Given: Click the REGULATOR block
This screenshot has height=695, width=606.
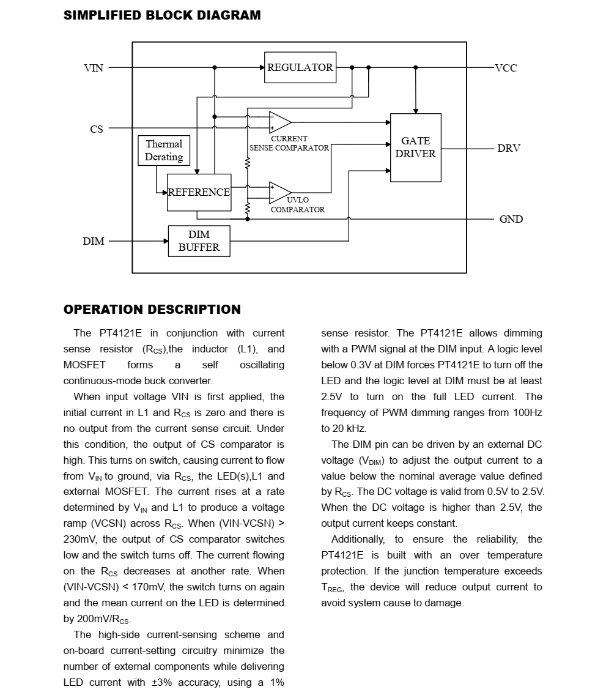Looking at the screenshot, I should point(300,67).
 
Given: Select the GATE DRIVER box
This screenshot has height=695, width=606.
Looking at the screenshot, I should point(415,147).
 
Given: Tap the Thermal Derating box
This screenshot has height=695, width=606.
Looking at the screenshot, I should point(164,151).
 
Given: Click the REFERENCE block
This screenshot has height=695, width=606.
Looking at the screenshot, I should point(199,192).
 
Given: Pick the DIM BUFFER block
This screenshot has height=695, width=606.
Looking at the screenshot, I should point(199,241).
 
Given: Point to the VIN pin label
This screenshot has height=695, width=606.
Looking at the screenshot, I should point(94,68).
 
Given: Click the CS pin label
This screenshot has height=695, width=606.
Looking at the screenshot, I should point(97,129).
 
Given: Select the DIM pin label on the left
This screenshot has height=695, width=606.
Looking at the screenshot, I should point(94,241).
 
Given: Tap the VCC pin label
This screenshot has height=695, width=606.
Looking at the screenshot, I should point(506,68).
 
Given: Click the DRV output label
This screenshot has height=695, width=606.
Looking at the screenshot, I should point(508,148).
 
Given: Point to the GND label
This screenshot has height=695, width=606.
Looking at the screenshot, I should point(511,219).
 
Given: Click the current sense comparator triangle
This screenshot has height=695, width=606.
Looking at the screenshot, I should point(279,122).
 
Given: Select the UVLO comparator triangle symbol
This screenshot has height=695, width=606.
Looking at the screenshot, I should point(279,192).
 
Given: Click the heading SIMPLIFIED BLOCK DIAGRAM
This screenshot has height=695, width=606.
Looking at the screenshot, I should point(162,16).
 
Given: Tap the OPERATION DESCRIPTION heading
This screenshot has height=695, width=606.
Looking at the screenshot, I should point(152,310).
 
